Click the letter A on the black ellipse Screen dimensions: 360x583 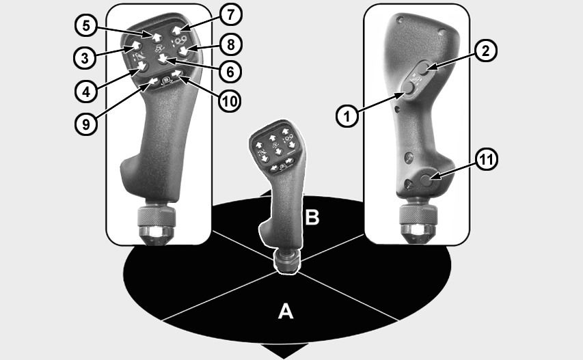click(286, 311)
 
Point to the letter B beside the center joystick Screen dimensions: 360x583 click(312, 218)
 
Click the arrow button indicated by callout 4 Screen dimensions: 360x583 click(142, 67)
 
